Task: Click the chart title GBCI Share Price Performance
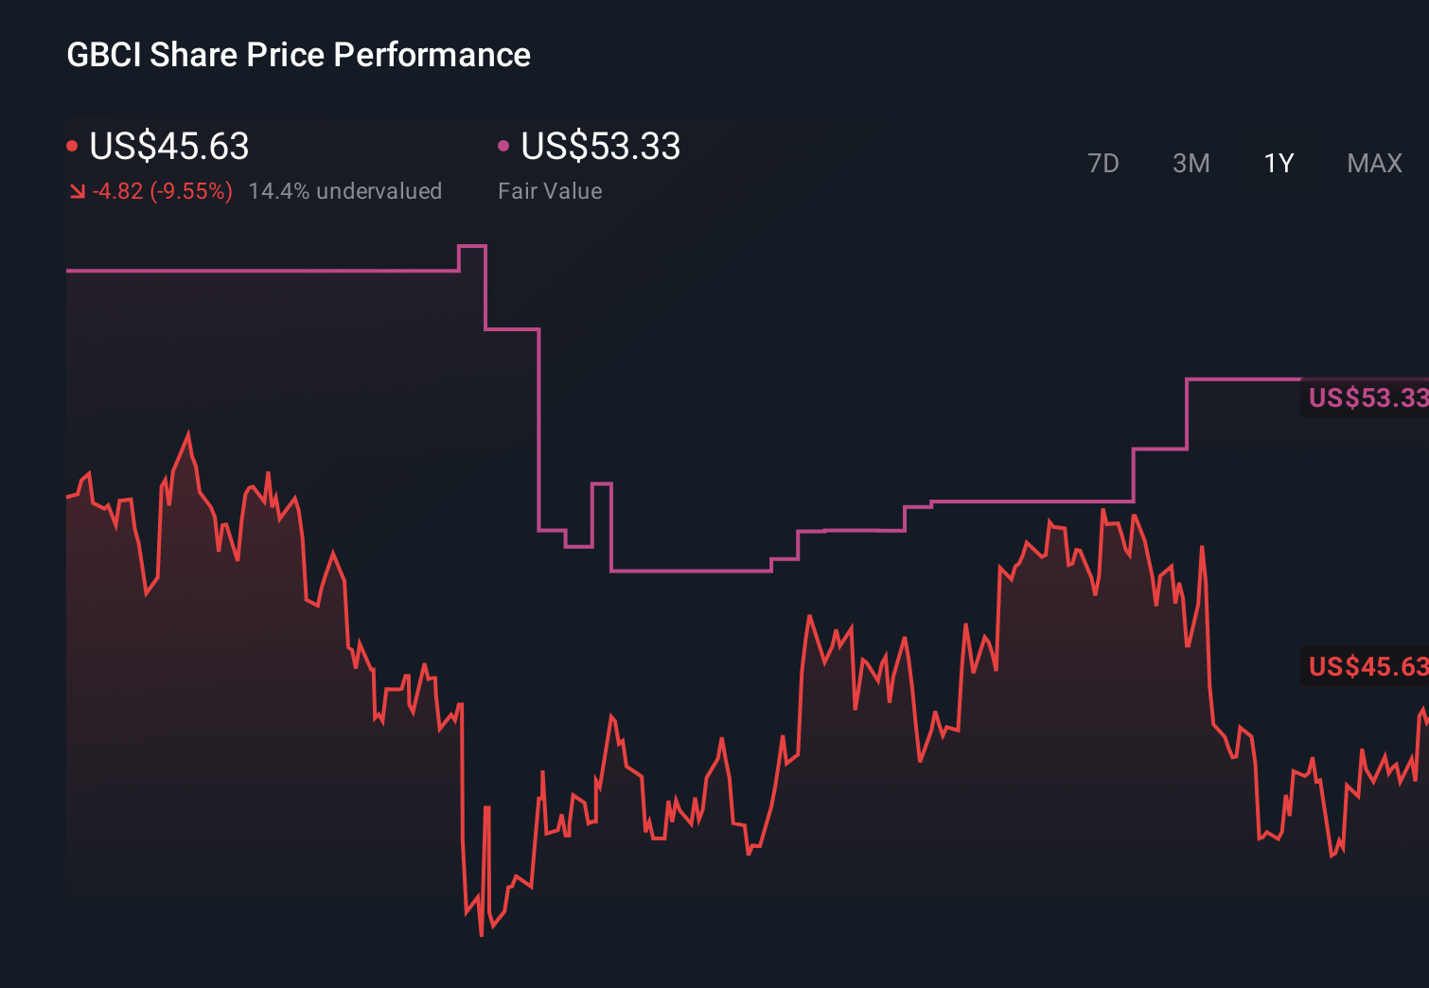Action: [298, 55]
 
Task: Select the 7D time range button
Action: [1103, 164]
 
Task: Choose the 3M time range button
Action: [1191, 164]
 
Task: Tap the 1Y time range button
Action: [1279, 164]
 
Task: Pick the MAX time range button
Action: [1374, 164]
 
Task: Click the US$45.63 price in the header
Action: [168, 147]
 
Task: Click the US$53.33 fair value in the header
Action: [600, 147]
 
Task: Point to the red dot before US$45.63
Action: [72, 146]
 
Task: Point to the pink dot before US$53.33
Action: [503, 146]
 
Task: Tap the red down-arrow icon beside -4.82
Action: [78, 192]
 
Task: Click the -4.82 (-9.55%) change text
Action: [162, 191]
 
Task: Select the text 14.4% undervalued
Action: [344, 191]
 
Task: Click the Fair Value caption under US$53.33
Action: [550, 191]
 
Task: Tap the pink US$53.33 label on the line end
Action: [1367, 397]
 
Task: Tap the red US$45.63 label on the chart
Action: [1367, 666]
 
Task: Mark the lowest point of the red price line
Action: [482, 934]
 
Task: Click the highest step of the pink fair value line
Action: [471, 246]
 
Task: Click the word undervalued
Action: [379, 191]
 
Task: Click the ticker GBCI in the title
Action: [104, 55]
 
